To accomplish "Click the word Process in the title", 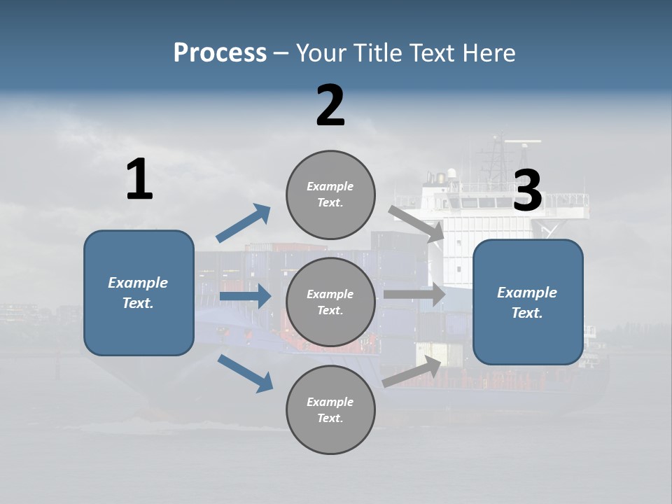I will coord(220,53).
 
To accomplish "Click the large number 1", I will coord(139,180).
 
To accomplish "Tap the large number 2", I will coord(330,106).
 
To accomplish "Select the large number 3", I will coord(528,191).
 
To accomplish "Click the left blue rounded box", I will coord(139,293).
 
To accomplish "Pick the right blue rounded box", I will coord(528,302).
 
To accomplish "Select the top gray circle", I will coord(330,195).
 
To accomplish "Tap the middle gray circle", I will coord(330,302).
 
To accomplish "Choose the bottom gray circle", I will coord(330,410).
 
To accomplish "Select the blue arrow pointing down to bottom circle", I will coord(246,372).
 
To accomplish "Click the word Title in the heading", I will coord(375,53).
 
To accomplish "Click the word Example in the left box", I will coord(138,283).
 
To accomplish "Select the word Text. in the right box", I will coord(527,313).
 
